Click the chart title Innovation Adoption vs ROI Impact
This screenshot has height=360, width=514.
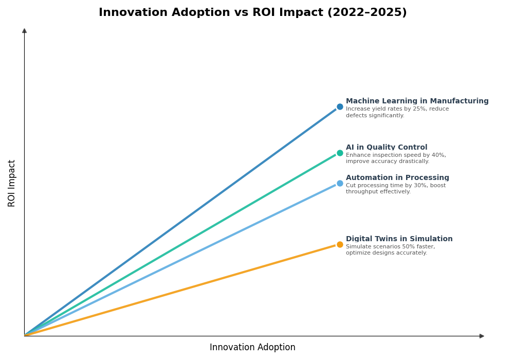pos(252,13)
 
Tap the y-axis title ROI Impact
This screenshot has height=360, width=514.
pos(12,183)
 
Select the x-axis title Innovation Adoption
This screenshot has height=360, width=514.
pos(252,348)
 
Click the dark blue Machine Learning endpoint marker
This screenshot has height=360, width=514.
pos(340,107)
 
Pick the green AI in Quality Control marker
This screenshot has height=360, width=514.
pos(340,153)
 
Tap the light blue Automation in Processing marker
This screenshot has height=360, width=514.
pos(340,184)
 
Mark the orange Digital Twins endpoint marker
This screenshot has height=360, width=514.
pos(340,245)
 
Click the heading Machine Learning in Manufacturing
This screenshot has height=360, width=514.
pos(417,101)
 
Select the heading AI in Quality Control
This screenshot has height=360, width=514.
pos(386,148)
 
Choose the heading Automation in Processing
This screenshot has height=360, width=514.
pos(397,178)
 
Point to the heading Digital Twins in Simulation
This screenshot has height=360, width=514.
pos(399,239)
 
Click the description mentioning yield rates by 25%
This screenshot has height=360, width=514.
pos(397,112)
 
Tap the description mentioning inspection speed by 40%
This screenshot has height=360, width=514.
pos(395,158)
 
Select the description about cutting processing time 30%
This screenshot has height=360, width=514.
pos(395,189)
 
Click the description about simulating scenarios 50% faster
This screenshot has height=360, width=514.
pos(390,250)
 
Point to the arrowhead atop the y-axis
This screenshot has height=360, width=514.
pos(24,31)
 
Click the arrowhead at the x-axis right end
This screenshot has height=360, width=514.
pos(482,336)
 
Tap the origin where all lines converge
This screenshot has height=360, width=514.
pos(25,336)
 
